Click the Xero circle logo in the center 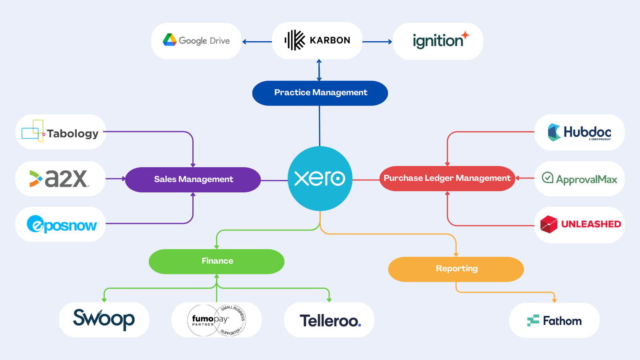[320, 178]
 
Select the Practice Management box [320, 93]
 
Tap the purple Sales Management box [193, 180]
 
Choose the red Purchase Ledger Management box [447, 178]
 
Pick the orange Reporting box [456, 269]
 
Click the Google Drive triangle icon [170, 40]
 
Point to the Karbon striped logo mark [295, 40]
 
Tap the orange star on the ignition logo [465, 35]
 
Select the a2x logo [60, 179]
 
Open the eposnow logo [62, 224]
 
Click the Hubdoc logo [579, 132]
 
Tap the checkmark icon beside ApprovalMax [547, 178]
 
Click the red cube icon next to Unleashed [548, 224]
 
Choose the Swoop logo [104, 319]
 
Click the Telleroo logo [330, 320]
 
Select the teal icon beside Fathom [533, 321]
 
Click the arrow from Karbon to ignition [377, 42]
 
